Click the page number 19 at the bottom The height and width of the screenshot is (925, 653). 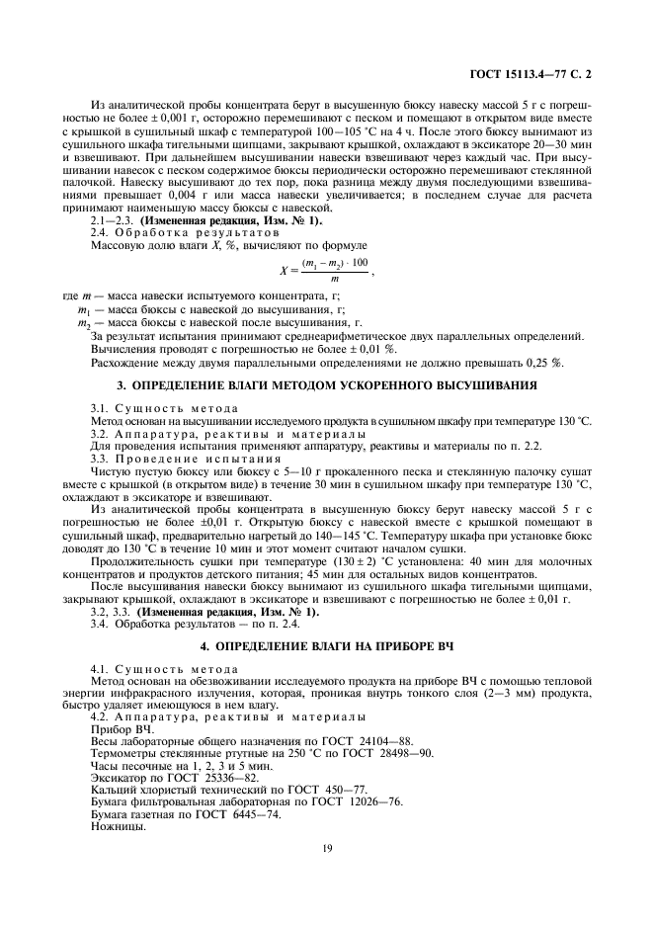tap(327, 846)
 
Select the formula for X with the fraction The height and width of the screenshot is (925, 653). tap(327, 271)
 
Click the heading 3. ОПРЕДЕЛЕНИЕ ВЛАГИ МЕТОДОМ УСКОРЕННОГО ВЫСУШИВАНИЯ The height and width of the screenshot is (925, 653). tap(327, 383)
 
